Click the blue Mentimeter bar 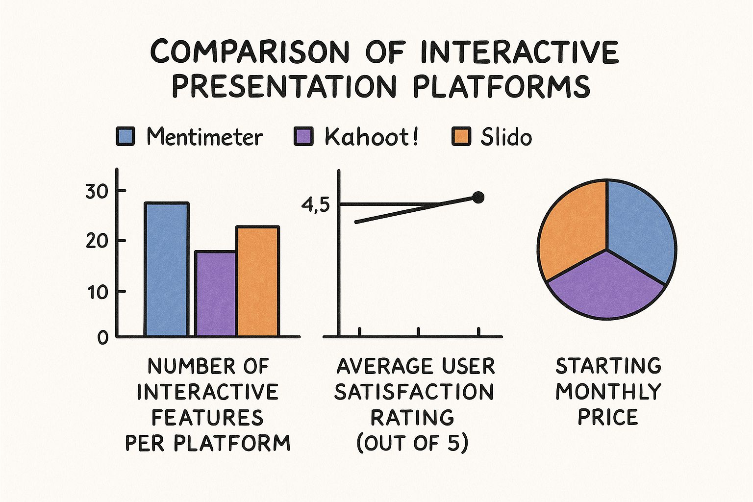tap(166, 270)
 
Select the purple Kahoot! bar tap(216, 294)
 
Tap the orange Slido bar tap(258, 282)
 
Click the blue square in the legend tap(125, 136)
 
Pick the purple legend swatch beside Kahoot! tap(303, 136)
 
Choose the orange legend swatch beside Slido tap(461, 136)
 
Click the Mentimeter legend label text tap(204, 137)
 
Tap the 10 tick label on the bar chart tap(97, 293)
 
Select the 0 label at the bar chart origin tap(102, 338)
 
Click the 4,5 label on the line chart tap(316, 205)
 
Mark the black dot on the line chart tap(478, 198)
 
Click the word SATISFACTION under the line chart tap(414, 392)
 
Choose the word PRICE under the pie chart tap(608, 417)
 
